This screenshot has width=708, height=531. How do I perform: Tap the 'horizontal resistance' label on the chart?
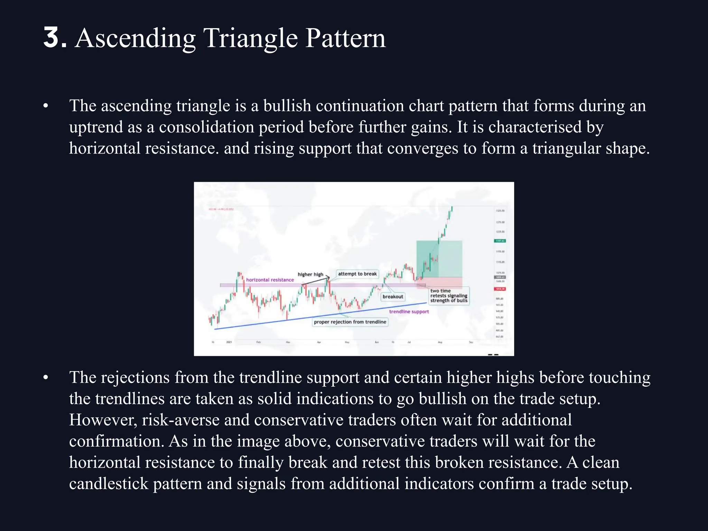[270, 280]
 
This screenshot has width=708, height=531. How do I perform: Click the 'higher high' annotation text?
[310, 274]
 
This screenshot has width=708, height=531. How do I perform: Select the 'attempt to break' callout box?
[357, 274]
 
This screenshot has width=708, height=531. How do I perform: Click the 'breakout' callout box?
[393, 297]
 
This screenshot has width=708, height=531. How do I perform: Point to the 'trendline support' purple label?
[409, 311]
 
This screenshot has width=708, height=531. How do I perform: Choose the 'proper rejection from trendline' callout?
[350, 322]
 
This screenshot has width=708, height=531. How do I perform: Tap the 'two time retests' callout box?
[449, 296]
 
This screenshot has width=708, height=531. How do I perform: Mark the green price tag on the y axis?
[500, 241]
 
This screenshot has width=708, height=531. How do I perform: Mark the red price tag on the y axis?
[500, 289]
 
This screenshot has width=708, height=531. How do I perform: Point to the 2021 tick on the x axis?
[229, 342]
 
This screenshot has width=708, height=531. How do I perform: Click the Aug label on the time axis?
[440, 342]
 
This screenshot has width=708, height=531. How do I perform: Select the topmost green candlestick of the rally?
[452, 208]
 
